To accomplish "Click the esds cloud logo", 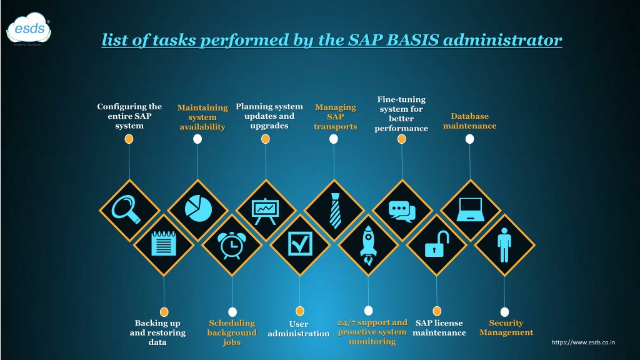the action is pyautogui.click(x=29, y=29).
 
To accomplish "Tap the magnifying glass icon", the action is pyautogui.click(x=126, y=209).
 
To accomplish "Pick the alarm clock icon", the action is pyautogui.click(x=232, y=245).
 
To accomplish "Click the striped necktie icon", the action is pyautogui.click(x=335, y=211).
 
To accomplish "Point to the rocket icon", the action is pyautogui.click(x=368, y=246).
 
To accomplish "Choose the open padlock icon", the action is pyautogui.click(x=437, y=244).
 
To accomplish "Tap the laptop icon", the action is pyautogui.click(x=470, y=209).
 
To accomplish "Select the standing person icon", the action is pyautogui.click(x=504, y=245).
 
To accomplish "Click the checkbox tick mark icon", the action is pyautogui.click(x=300, y=244).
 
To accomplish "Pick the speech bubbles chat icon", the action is pyautogui.click(x=402, y=211).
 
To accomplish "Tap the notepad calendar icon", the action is pyautogui.click(x=164, y=243).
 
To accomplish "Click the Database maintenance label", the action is pyautogui.click(x=470, y=121).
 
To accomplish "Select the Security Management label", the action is pyautogui.click(x=506, y=327).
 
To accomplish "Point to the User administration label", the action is pyautogui.click(x=299, y=329).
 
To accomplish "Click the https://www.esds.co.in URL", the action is pyautogui.click(x=583, y=342).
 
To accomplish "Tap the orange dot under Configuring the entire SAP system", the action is pyautogui.click(x=129, y=139).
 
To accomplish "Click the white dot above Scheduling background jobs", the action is pyautogui.click(x=232, y=312).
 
